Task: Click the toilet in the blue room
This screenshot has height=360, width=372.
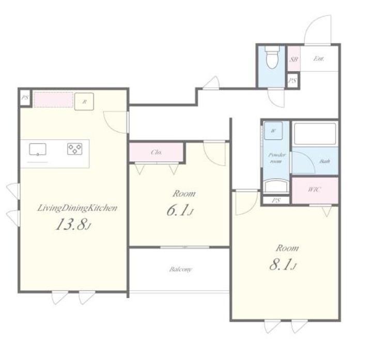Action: coord(272,57)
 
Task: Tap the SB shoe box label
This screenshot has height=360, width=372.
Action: coord(293,59)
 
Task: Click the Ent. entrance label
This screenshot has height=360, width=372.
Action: coord(319,58)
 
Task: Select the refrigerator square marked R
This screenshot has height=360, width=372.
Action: coord(84,102)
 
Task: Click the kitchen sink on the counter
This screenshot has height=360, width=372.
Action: coord(38,150)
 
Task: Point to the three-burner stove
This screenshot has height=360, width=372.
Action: coord(75,149)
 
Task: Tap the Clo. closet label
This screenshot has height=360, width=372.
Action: coord(157,152)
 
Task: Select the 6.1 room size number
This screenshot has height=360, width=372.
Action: coord(180,210)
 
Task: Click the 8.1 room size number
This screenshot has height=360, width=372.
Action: coord(283,264)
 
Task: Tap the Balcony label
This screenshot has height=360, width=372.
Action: coord(180,270)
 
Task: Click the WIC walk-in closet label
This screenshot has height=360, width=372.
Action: coord(314,190)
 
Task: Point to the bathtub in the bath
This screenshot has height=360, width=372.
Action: coord(315,134)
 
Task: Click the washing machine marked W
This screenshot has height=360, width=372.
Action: coord(273,131)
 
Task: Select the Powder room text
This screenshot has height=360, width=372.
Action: coord(276,158)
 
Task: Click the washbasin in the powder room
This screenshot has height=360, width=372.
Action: coord(276,186)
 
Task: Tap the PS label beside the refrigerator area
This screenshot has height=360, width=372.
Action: coord(25,98)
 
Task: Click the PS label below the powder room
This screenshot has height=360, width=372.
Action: coord(276,200)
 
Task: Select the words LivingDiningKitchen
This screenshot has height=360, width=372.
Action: coord(78,208)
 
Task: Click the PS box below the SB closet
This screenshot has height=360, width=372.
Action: coord(292,81)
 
